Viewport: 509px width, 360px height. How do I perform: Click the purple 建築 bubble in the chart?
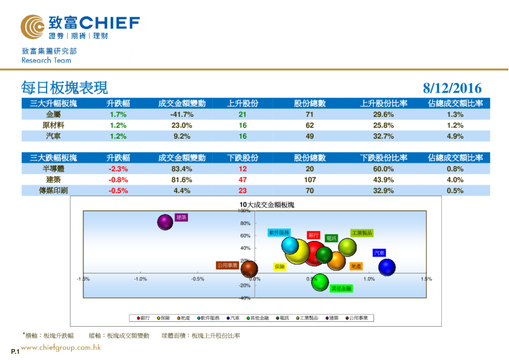pos(165,222)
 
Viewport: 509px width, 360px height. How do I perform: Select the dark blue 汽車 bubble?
pos(387,267)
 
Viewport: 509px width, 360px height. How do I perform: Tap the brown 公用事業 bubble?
pos(249,268)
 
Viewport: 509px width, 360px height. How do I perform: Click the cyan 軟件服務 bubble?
pos(290,245)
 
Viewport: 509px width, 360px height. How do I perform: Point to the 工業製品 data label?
pos(361,233)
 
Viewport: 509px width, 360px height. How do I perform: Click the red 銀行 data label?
pos(313,235)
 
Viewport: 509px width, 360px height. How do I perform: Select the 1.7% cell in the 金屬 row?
pos(118,114)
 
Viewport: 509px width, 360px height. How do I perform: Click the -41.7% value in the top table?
pos(181,114)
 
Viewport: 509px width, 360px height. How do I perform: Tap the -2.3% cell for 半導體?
pos(118,169)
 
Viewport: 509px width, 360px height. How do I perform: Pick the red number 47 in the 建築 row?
pos(242,180)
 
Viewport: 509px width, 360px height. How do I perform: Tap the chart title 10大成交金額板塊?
pos(267,205)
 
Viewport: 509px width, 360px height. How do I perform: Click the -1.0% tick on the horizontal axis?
pos(140,279)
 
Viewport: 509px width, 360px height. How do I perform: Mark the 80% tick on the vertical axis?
pos(245,223)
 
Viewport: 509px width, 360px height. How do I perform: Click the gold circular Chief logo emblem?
pos(32,27)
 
